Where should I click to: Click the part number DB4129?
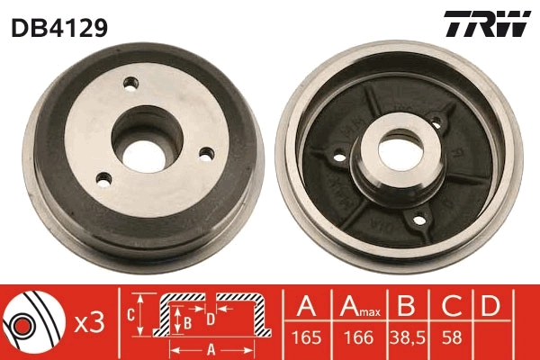tap(59, 27)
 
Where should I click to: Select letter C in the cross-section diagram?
tap(130, 314)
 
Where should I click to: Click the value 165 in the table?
tap(307, 341)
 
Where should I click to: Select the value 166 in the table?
tap(357, 341)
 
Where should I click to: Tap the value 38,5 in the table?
tap(408, 341)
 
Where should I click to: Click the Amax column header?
tap(356, 309)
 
